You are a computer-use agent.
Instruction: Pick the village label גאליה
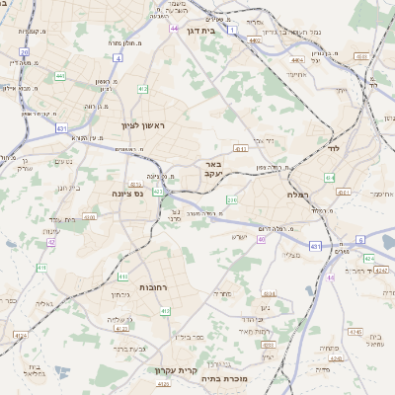(43, 303)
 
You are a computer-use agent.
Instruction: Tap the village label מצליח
(290, 256)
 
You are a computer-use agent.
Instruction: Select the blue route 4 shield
(118, 58)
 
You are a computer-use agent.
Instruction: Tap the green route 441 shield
(60, 75)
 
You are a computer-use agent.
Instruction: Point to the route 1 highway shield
(231, 31)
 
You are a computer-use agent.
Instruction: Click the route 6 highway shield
(360, 240)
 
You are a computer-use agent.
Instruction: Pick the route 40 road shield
(262, 239)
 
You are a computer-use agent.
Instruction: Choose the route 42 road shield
(50, 241)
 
